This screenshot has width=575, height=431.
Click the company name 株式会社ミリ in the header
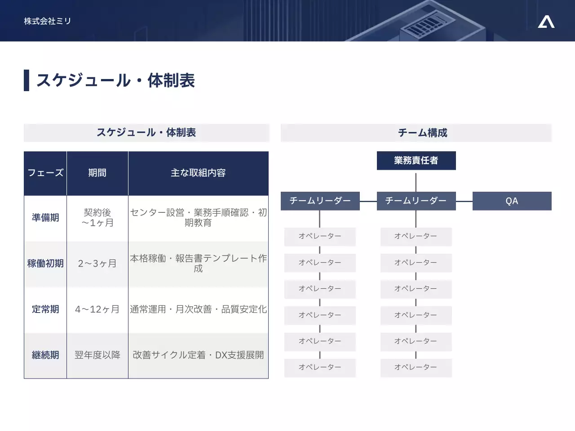tap(47, 21)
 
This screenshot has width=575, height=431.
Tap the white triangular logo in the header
tap(546, 22)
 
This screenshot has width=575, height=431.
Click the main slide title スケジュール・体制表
tap(115, 81)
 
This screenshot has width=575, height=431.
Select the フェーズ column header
tap(45, 173)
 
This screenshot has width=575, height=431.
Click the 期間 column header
tap(97, 173)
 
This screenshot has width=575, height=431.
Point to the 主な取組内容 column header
tap(198, 173)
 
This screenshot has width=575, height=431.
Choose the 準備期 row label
tap(45, 218)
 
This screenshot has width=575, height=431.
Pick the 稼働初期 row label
tap(45, 264)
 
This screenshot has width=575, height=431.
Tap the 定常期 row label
tap(45, 309)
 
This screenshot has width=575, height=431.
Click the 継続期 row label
tap(45, 355)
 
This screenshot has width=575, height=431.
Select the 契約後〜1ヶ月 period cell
tap(97, 218)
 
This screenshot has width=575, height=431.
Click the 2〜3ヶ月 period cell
tap(97, 264)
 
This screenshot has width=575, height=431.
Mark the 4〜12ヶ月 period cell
tap(97, 309)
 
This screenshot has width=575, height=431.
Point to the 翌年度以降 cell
tap(97, 355)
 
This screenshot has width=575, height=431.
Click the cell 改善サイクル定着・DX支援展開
tap(198, 355)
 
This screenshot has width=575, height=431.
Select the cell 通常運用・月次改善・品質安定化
tap(198, 309)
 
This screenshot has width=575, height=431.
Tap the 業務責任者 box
tap(416, 160)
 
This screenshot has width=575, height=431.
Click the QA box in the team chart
tap(512, 201)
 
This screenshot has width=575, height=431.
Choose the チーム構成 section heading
tap(422, 133)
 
